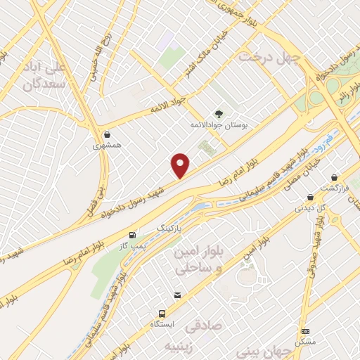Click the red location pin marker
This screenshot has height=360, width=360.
pos(181,165)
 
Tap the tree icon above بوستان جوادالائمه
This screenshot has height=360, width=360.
pos(219,113)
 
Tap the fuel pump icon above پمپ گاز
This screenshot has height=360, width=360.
pos(133,235)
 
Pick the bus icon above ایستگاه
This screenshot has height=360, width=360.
pos(162,314)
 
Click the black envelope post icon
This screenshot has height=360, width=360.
pos(177,296)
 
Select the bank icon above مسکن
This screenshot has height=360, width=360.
pos(306,330)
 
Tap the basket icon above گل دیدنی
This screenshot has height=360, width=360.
pos(313,198)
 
